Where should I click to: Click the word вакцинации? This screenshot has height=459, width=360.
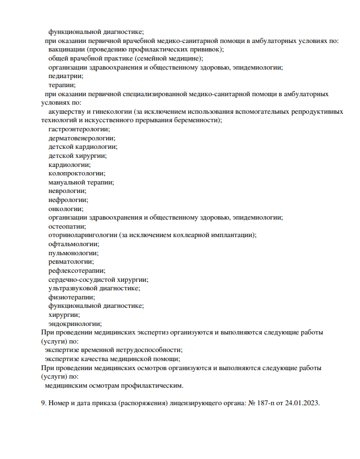tap(66, 49)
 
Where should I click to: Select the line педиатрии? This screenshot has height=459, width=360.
tap(66, 76)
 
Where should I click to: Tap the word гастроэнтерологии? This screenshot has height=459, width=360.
tap(79, 129)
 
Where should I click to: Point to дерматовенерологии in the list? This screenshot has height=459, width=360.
tap(82, 138)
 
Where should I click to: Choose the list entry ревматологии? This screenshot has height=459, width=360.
tap(71, 261)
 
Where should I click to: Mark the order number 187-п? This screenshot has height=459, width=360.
tap(269, 403)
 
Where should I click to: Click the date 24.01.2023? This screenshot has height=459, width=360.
tap(303, 403)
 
